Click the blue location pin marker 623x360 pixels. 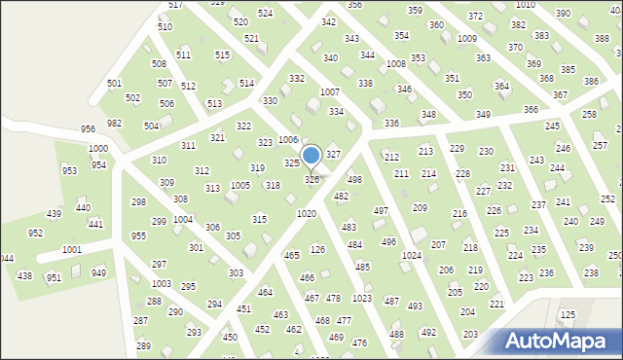tap(311, 156)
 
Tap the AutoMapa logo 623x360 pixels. tap(558, 341)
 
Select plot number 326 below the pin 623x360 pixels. tap(311, 180)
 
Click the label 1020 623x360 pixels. tap(307, 213)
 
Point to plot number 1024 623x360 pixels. tap(412, 255)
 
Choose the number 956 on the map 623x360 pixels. tap(88, 128)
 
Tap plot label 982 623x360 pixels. tap(115, 124)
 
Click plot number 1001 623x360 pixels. tap(71, 250)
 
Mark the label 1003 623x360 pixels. tap(162, 283)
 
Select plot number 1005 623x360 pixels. tap(239, 185)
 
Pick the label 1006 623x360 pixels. tap(287, 140)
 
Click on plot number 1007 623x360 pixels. tap(330, 91)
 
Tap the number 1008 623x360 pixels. tap(395, 63)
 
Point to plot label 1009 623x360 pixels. tap(467, 39)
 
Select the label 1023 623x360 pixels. tap(361, 298)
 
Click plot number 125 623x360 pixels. tap(568, 315)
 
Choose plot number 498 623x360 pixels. tap(355, 180)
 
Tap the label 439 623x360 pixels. tap(55, 214)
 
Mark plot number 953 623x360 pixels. tap(69, 170)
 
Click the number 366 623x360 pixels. tap(531, 110)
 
